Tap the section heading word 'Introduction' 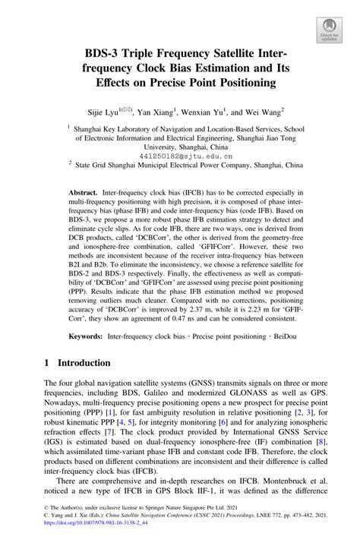[84, 363]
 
